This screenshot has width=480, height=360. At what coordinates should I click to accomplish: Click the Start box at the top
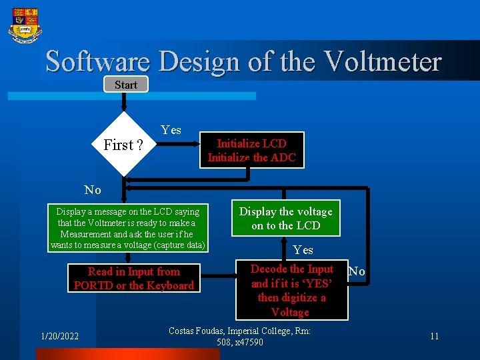125,85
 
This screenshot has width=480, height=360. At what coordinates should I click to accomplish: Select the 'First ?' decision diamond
123,145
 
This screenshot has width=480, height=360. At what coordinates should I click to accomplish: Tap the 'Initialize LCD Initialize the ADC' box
251,150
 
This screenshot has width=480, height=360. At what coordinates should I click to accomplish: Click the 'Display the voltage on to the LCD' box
285,218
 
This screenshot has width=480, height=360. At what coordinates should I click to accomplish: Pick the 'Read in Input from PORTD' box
134,278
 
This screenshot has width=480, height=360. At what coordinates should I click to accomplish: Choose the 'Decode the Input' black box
291,290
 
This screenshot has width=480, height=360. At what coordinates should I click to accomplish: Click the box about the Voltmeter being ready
127,228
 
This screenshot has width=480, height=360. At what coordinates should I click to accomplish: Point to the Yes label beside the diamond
171,130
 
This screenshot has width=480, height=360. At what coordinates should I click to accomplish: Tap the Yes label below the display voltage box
303,250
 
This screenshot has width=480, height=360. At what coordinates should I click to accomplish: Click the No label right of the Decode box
357,271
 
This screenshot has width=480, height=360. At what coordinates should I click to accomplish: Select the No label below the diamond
93,190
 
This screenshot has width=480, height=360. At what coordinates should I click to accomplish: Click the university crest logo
25,25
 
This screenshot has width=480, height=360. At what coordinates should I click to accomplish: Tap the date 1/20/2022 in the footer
59,336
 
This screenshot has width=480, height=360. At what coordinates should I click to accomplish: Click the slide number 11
434,336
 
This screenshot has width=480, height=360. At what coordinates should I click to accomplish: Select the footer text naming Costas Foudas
240,336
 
